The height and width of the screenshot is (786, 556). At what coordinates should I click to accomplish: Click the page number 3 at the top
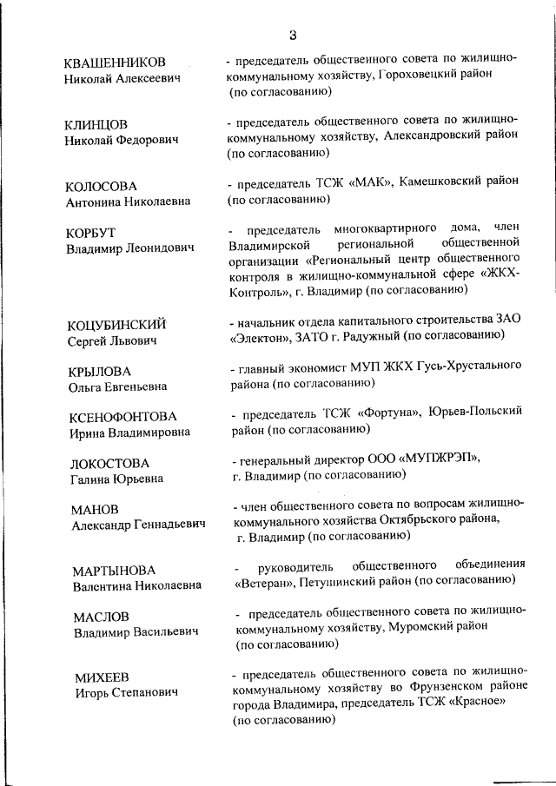pyautogui.click(x=293, y=36)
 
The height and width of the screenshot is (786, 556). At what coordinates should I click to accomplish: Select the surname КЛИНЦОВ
pyautogui.click(x=96, y=124)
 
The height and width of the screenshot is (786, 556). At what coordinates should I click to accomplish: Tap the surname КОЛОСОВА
pyautogui.click(x=101, y=187)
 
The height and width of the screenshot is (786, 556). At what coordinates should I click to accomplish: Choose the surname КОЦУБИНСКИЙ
pyautogui.click(x=116, y=325)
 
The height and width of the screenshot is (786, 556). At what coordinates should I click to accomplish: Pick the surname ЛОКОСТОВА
pyautogui.click(x=109, y=463)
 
